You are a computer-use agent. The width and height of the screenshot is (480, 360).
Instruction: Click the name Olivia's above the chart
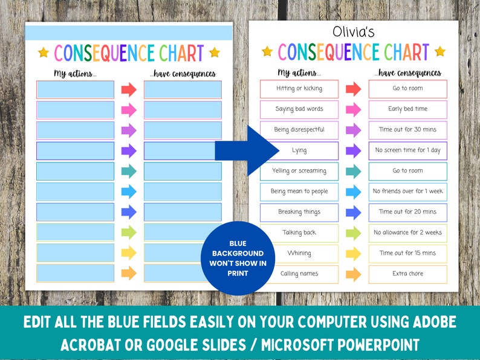click(x=354, y=33)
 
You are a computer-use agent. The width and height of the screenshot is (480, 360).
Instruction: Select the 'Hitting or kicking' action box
click(x=299, y=89)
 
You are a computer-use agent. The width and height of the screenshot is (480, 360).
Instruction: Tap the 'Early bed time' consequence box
click(x=407, y=109)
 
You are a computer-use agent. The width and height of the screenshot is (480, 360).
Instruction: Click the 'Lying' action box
click(x=299, y=150)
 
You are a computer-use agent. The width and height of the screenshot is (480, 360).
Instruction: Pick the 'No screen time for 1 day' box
click(x=407, y=150)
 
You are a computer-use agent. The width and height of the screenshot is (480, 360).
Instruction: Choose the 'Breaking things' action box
click(x=299, y=212)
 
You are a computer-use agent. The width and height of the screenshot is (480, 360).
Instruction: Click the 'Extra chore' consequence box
click(x=407, y=274)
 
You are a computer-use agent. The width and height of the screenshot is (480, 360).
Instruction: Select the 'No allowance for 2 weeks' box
click(x=407, y=233)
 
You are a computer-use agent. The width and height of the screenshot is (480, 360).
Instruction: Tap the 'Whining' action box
click(x=299, y=253)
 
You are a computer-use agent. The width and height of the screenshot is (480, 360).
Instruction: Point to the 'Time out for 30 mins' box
click(x=407, y=130)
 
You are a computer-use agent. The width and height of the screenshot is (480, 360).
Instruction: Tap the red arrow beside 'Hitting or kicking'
click(x=353, y=89)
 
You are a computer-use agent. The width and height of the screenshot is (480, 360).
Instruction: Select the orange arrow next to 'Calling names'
click(x=353, y=274)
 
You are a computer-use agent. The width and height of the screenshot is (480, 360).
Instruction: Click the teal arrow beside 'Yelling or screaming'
click(x=353, y=171)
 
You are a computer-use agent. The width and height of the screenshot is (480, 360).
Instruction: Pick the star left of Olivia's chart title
click(x=267, y=51)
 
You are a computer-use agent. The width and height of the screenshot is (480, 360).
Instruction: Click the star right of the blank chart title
click(x=215, y=53)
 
